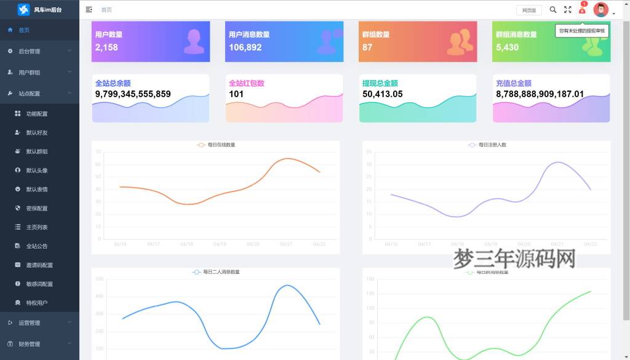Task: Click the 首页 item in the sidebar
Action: [24, 30]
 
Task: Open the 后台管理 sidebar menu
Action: [30, 51]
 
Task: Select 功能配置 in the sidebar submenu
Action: [36, 114]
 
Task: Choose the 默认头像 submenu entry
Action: [36, 170]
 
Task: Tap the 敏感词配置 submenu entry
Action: [39, 284]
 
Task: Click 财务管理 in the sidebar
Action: [30, 344]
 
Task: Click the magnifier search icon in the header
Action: [552, 10]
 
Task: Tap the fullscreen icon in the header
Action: [568, 10]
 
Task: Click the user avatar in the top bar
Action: [600, 10]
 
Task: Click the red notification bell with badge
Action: [582, 10]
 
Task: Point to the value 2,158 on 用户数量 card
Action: [106, 47]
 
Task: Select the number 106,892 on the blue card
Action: [245, 47]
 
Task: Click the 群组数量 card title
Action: [376, 34]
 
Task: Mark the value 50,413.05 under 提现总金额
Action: [383, 94]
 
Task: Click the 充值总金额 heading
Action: [513, 83]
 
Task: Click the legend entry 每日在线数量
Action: [216, 145]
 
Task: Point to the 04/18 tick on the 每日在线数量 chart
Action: [186, 244]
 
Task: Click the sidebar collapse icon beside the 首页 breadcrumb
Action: [89, 10]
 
